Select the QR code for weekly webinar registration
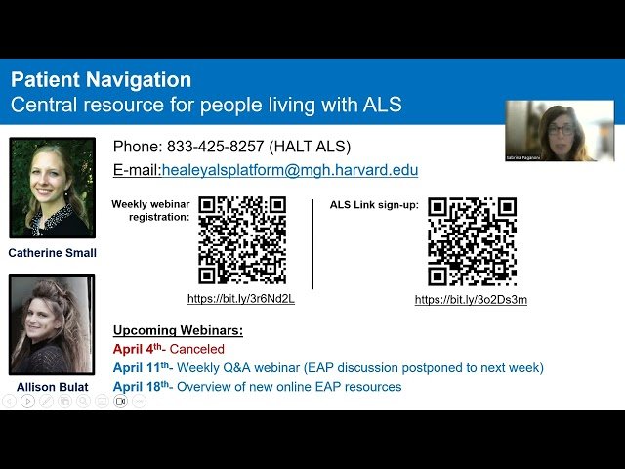242,240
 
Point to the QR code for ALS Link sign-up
472,241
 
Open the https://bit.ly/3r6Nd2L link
241,299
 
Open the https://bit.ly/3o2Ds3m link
471,300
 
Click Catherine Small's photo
52,188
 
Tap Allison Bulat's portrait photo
52,324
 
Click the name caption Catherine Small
53,253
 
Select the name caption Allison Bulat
53,386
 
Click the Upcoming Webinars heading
178,330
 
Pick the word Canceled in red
196,349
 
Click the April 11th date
142,367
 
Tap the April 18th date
142,386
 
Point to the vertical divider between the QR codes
313,244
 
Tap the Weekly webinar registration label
150,210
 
